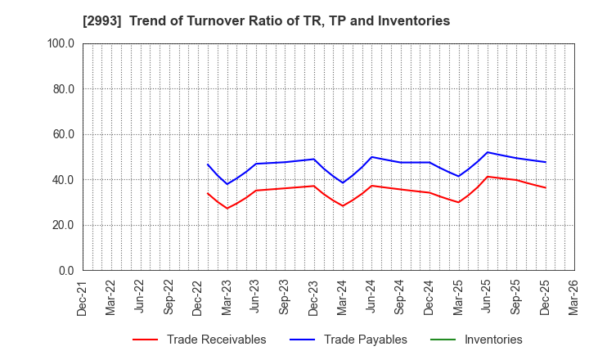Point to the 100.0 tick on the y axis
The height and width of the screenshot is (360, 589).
point(61,43)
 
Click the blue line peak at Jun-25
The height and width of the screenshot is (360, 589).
point(488,152)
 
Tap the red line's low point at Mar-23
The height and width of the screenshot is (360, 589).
point(227,208)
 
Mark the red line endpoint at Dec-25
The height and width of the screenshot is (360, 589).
point(546,187)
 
